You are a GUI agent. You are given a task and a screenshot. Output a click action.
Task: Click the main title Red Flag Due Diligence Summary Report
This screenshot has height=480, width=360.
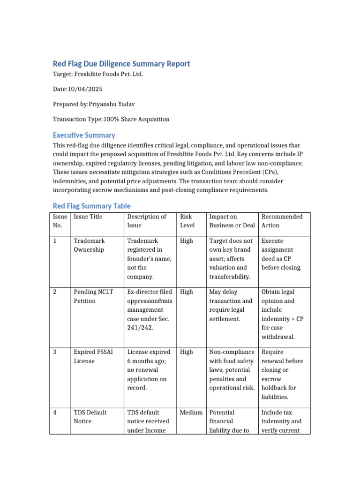click(121, 64)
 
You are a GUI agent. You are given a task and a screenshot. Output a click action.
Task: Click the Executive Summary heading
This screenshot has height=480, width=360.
click(84, 135)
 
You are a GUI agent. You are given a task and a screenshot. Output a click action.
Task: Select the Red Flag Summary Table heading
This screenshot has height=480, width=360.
click(92, 206)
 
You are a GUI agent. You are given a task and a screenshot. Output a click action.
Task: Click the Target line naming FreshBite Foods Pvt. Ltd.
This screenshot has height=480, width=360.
click(97, 74)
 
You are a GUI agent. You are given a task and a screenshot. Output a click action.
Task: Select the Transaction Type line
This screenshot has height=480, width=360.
click(111, 119)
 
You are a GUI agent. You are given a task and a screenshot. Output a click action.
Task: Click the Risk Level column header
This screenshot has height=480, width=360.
click(187, 221)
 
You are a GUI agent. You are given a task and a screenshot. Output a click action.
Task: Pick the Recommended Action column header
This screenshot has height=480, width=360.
click(282, 221)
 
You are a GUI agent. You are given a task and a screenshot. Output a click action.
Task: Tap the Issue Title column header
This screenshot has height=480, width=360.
click(88, 217)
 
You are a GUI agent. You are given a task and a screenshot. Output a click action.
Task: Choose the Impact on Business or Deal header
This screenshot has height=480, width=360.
click(232, 221)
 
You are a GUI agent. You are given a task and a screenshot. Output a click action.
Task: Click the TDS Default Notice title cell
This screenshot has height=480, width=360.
click(90, 417)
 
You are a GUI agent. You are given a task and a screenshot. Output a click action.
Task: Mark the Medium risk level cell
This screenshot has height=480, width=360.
click(191, 412)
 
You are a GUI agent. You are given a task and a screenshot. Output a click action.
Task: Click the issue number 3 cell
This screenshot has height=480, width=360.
click(55, 352)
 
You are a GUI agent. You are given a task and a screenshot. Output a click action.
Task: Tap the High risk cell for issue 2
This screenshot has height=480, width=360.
click(186, 292)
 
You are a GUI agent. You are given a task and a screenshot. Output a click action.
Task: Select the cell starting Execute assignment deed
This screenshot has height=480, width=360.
click(281, 254)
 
